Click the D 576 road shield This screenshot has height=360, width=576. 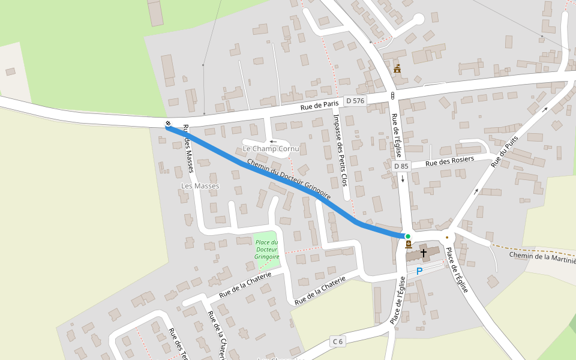pyautogui.click(x=355, y=101)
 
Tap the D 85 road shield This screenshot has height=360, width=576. pyautogui.click(x=401, y=165)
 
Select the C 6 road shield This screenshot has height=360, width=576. pyautogui.click(x=338, y=341)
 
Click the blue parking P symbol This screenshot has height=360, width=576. pyautogui.click(x=419, y=271)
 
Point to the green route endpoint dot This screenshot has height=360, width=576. pyautogui.click(x=408, y=236)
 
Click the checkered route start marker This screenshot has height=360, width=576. pyautogui.click(x=167, y=124)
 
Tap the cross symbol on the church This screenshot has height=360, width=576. pyautogui.click(x=424, y=253)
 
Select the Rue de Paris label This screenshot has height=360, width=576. pyautogui.click(x=319, y=106)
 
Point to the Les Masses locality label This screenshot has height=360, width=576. pyautogui.click(x=200, y=186)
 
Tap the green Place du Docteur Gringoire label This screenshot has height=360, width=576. pyautogui.click(x=267, y=249)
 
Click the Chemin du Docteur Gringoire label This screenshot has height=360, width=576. pyautogui.click(x=289, y=179)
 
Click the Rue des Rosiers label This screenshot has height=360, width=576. pyautogui.click(x=449, y=161)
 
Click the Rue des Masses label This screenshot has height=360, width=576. pyautogui.click(x=188, y=148)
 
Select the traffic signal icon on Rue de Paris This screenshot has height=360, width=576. pyautogui.click(x=392, y=95)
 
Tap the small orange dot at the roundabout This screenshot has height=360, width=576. pyautogui.click(x=447, y=237)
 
